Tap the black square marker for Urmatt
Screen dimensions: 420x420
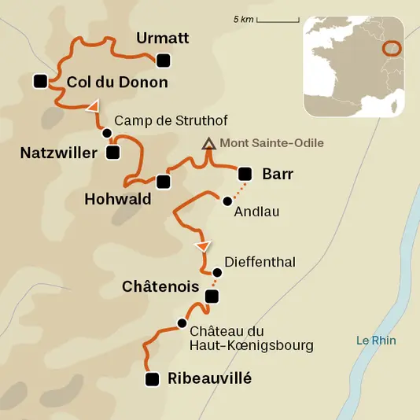click(163, 61)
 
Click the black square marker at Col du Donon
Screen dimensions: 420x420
click(40, 80)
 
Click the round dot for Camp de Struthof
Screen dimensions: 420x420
click(106, 133)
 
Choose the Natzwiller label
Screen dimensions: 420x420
click(58, 152)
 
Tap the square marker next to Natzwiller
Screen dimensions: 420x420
click(112, 152)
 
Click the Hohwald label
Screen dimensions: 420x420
click(117, 199)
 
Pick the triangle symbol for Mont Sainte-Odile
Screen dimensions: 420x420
click(208, 144)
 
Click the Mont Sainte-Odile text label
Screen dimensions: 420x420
click(271, 143)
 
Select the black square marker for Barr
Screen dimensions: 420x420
click(245, 174)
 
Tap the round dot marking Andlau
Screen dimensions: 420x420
click(227, 200)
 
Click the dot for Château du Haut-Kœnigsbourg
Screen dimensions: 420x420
click(182, 323)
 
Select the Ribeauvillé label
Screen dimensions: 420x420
click(210, 378)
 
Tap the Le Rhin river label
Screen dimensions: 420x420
click(376, 341)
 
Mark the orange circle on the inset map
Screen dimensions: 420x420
click(391, 49)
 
